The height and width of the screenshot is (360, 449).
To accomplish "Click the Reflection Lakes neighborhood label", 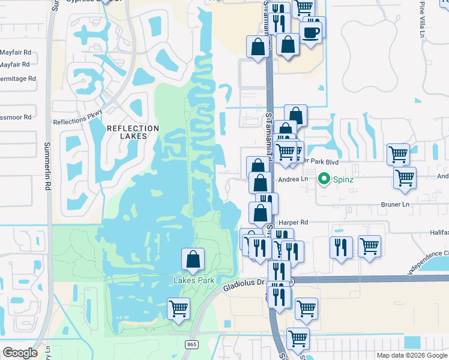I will [133, 132].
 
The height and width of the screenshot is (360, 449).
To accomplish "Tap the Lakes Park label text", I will [194, 280].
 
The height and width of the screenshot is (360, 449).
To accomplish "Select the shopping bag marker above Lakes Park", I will [193, 259].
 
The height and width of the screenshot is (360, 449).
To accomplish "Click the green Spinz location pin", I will [324, 178].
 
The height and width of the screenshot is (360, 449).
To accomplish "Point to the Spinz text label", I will [343, 178].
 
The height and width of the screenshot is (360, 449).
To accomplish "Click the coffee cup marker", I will [311, 31].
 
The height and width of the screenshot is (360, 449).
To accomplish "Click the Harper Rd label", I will [293, 222].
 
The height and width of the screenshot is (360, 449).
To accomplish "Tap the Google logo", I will [20, 353].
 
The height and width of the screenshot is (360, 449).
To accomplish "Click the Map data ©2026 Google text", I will [411, 355].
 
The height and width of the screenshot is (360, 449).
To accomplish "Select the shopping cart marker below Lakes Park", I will [178, 309].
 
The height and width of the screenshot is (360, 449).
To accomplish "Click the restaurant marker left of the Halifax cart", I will [340, 248].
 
